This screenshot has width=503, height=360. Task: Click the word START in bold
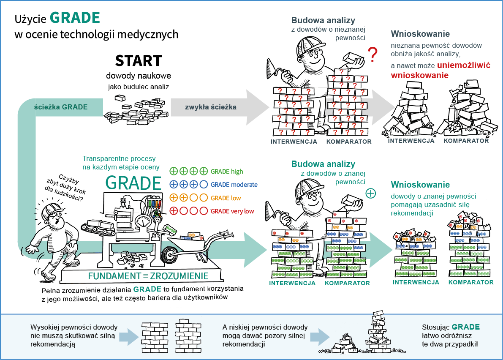coord(139,61)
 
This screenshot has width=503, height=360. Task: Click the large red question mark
coord(372,55)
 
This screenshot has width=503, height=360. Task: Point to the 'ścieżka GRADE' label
coord(61,107)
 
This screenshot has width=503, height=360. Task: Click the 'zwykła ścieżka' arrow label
coord(211,107)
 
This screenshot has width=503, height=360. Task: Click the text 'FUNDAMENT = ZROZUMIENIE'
coord(148,276)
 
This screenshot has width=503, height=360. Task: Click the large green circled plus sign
coord(370,193)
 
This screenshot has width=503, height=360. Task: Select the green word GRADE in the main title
coord(75,18)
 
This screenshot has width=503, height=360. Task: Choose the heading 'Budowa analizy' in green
coord(323,164)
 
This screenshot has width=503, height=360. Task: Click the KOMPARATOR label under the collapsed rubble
coord(466,141)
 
